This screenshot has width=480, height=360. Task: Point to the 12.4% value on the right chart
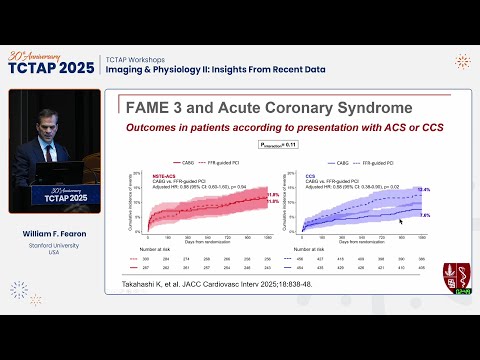pyautogui.click(x=423, y=189)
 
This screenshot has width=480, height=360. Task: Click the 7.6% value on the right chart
pyautogui.click(x=423, y=215)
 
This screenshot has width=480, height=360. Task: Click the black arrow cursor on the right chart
pyautogui.click(x=402, y=222)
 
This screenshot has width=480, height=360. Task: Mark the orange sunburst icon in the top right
pyautogui.click(x=462, y=62)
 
